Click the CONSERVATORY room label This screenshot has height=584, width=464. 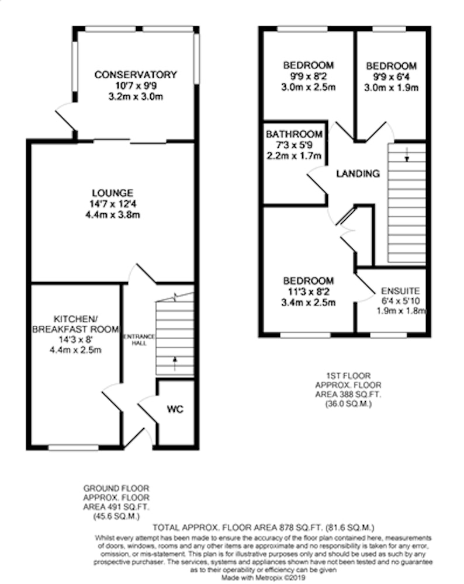coord(136,75)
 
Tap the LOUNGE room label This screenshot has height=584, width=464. coord(113,193)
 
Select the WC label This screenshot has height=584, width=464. coord(175,409)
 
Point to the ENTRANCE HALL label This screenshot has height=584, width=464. coord(138,340)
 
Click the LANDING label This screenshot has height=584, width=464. coord(358,173)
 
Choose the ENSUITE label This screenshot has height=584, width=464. coord(400,291)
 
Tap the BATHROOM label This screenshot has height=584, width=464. coord(294,134)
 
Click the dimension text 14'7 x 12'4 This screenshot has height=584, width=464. coord(113,204)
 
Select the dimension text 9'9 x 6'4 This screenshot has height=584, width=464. coord(392,77)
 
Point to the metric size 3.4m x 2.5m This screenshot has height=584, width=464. coord(308,303)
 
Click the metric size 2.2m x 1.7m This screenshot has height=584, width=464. coord(294,156)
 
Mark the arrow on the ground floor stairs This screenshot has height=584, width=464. coord(175,364)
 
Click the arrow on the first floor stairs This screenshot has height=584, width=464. coord(407,155)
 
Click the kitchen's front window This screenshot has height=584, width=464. coord(74,448)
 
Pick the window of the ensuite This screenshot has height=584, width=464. coord(389,336)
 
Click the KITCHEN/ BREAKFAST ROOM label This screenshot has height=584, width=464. coord(75,324)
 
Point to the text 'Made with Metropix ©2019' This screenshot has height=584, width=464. coord(264,578)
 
